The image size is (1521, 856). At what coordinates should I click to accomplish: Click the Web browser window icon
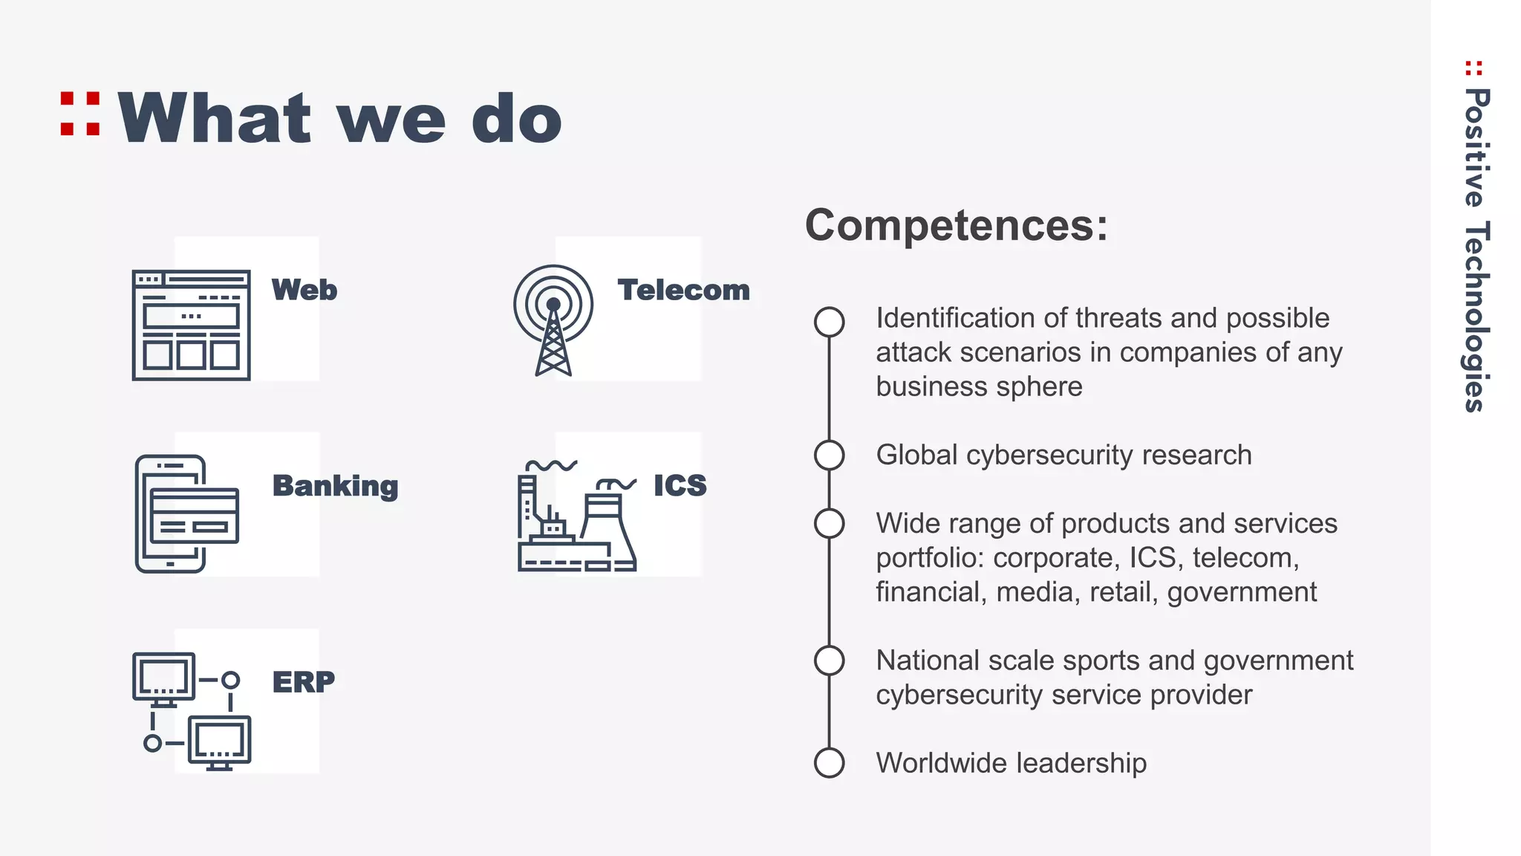pyautogui.click(x=191, y=325)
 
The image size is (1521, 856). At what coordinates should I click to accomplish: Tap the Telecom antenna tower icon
pyautogui.click(x=553, y=320)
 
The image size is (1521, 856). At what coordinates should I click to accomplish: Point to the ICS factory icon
pyautogui.click(x=576, y=516)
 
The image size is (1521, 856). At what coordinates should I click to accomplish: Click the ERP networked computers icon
pyautogui.click(x=192, y=711)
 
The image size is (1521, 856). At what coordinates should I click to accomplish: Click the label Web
pyautogui.click(x=304, y=290)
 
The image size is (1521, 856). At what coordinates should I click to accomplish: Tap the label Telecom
pyautogui.click(x=683, y=290)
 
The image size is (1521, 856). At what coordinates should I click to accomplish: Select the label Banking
pyautogui.click(x=335, y=486)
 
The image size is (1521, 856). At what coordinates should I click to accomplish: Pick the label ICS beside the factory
pyautogui.click(x=680, y=485)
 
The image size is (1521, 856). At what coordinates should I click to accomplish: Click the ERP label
pyautogui.click(x=303, y=681)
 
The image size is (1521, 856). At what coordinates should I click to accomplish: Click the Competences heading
pyautogui.click(x=957, y=225)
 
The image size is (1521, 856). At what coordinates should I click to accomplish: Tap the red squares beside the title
pyautogui.click(x=80, y=114)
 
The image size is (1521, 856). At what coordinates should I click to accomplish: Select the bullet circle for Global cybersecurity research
pyautogui.click(x=829, y=455)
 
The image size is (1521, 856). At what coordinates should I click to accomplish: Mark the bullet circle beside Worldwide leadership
pyautogui.click(x=829, y=762)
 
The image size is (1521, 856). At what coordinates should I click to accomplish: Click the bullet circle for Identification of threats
pyautogui.click(x=829, y=322)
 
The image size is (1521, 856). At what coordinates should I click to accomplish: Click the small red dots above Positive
pyautogui.click(x=1474, y=68)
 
